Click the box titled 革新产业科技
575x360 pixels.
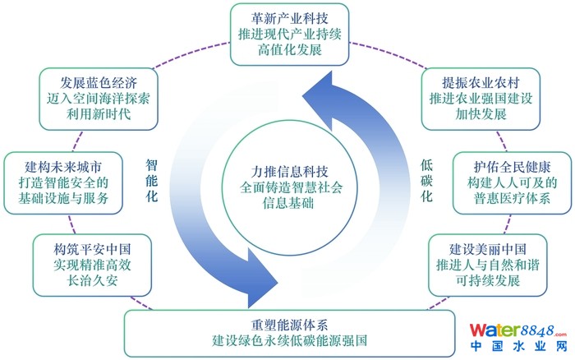click(x=289, y=34)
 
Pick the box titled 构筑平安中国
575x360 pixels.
click(x=80, y=263)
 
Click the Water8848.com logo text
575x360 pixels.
click(x=518, y=331)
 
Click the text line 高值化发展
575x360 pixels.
click(x=289, y=51)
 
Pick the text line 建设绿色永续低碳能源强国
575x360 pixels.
click(x=287, y=339)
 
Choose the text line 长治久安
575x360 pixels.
click(x=80, y=280)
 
